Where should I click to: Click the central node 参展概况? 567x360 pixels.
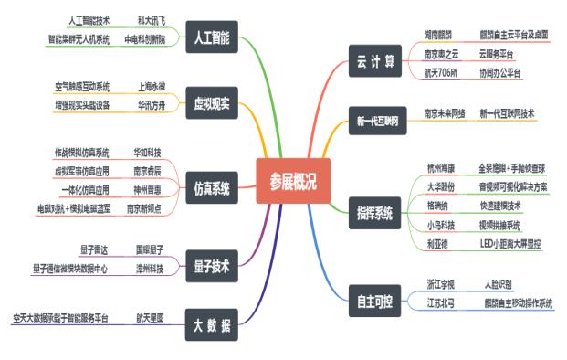click(286, 181)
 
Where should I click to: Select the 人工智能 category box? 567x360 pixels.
click(211, 39)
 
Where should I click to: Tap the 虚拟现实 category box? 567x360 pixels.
click(211, 101)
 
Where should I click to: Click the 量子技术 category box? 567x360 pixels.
click(211, 266)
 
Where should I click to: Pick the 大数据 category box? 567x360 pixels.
click(211, 324)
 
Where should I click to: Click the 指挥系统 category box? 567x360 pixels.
click(374, 213)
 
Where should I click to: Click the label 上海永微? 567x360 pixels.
click(152, 88)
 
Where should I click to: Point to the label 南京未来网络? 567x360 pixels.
click(445, 113)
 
